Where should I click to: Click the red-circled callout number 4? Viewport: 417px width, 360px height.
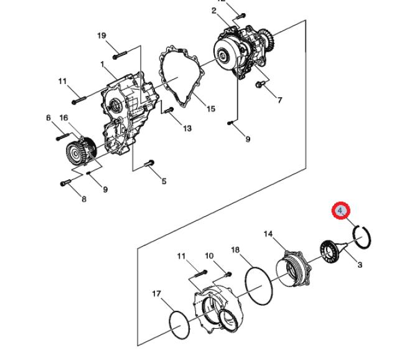click(340, 211)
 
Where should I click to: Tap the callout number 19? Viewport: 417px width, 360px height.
click(101, 36)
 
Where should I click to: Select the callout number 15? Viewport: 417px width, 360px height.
click(210, 108)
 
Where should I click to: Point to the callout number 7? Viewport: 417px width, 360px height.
click(279, 100)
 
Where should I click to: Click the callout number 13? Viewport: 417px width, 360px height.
click(187, 128)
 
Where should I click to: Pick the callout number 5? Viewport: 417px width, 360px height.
click(164, 181)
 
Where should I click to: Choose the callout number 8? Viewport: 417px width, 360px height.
click(84, 199)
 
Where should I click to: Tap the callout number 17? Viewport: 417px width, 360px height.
click(157, 293)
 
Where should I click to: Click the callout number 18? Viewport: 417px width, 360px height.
click(235, 250)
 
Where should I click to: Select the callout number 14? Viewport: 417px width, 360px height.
click(268, 234)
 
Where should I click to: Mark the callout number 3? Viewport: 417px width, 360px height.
click(360, 265)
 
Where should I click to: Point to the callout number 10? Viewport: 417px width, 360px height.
click(209, 256)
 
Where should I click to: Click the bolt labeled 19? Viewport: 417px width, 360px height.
click(119, 55)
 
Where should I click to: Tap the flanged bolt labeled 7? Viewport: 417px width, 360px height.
click(260, 84)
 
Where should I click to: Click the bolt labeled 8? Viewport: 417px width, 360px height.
click(65, 182)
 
